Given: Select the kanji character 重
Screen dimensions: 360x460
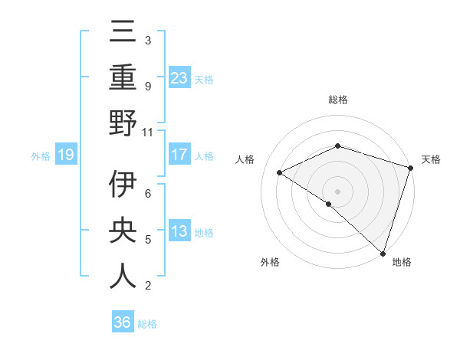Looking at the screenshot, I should [x=123, y=79].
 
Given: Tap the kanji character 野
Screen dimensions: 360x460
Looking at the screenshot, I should [x=123, y=123].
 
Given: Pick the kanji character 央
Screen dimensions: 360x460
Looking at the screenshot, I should [x=123, y=231].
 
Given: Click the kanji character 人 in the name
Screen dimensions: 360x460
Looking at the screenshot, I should [x=123, y=275].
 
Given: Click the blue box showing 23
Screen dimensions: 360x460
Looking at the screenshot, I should [x=179, y=78].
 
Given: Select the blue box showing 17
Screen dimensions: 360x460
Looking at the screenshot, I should [x=179, y=155].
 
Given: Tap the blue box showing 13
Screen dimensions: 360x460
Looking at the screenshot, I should [x=179, y=231].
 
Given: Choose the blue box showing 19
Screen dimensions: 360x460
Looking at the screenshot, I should [x=65, y=155].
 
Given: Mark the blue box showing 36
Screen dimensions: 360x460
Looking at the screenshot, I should [x=123, y=322].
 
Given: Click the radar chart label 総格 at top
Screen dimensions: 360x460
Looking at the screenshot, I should [x=337, y=100].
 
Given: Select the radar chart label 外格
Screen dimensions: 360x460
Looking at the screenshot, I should [x=270, y=263].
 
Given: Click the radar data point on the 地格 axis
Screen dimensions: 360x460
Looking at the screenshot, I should [x=383, y=252].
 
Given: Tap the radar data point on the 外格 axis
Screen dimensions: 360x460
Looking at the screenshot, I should [x=329, y=204].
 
